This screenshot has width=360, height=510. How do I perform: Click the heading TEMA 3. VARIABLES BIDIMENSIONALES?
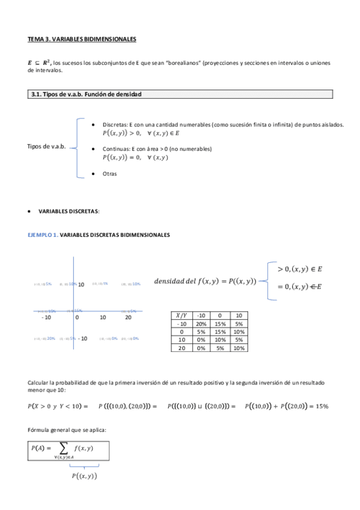[x=82, y=39]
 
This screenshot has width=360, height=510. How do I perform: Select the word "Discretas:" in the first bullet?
[x=115, y=124]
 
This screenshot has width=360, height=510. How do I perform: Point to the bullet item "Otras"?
[x=109, y=174]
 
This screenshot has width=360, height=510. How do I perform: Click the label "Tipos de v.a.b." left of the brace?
[x=46, y=147]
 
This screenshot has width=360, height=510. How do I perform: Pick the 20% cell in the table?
[x=203, y=323]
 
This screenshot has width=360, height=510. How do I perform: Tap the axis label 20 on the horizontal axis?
[x=127, y=317]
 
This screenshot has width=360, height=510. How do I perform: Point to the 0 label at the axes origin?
[x=76, y=317]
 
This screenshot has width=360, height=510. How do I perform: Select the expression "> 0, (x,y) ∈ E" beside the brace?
[x=299, y=270]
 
